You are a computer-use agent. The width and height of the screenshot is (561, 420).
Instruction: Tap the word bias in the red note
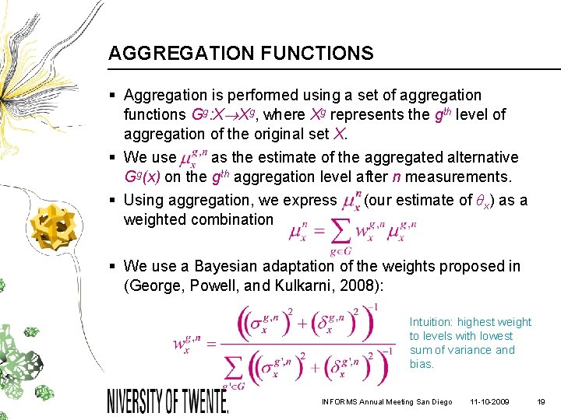[421, 364]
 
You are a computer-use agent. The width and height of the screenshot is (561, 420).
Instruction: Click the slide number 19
[541, 401]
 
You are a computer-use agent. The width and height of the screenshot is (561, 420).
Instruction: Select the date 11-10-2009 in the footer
[490, 401]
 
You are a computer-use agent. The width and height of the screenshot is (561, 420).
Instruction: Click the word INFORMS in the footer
[340, 401]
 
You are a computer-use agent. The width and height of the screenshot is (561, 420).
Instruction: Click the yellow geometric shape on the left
[48, 226]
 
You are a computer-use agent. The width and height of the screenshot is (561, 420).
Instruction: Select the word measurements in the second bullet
[460, 177]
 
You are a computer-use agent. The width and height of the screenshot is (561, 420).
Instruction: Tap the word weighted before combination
[155, 219]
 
